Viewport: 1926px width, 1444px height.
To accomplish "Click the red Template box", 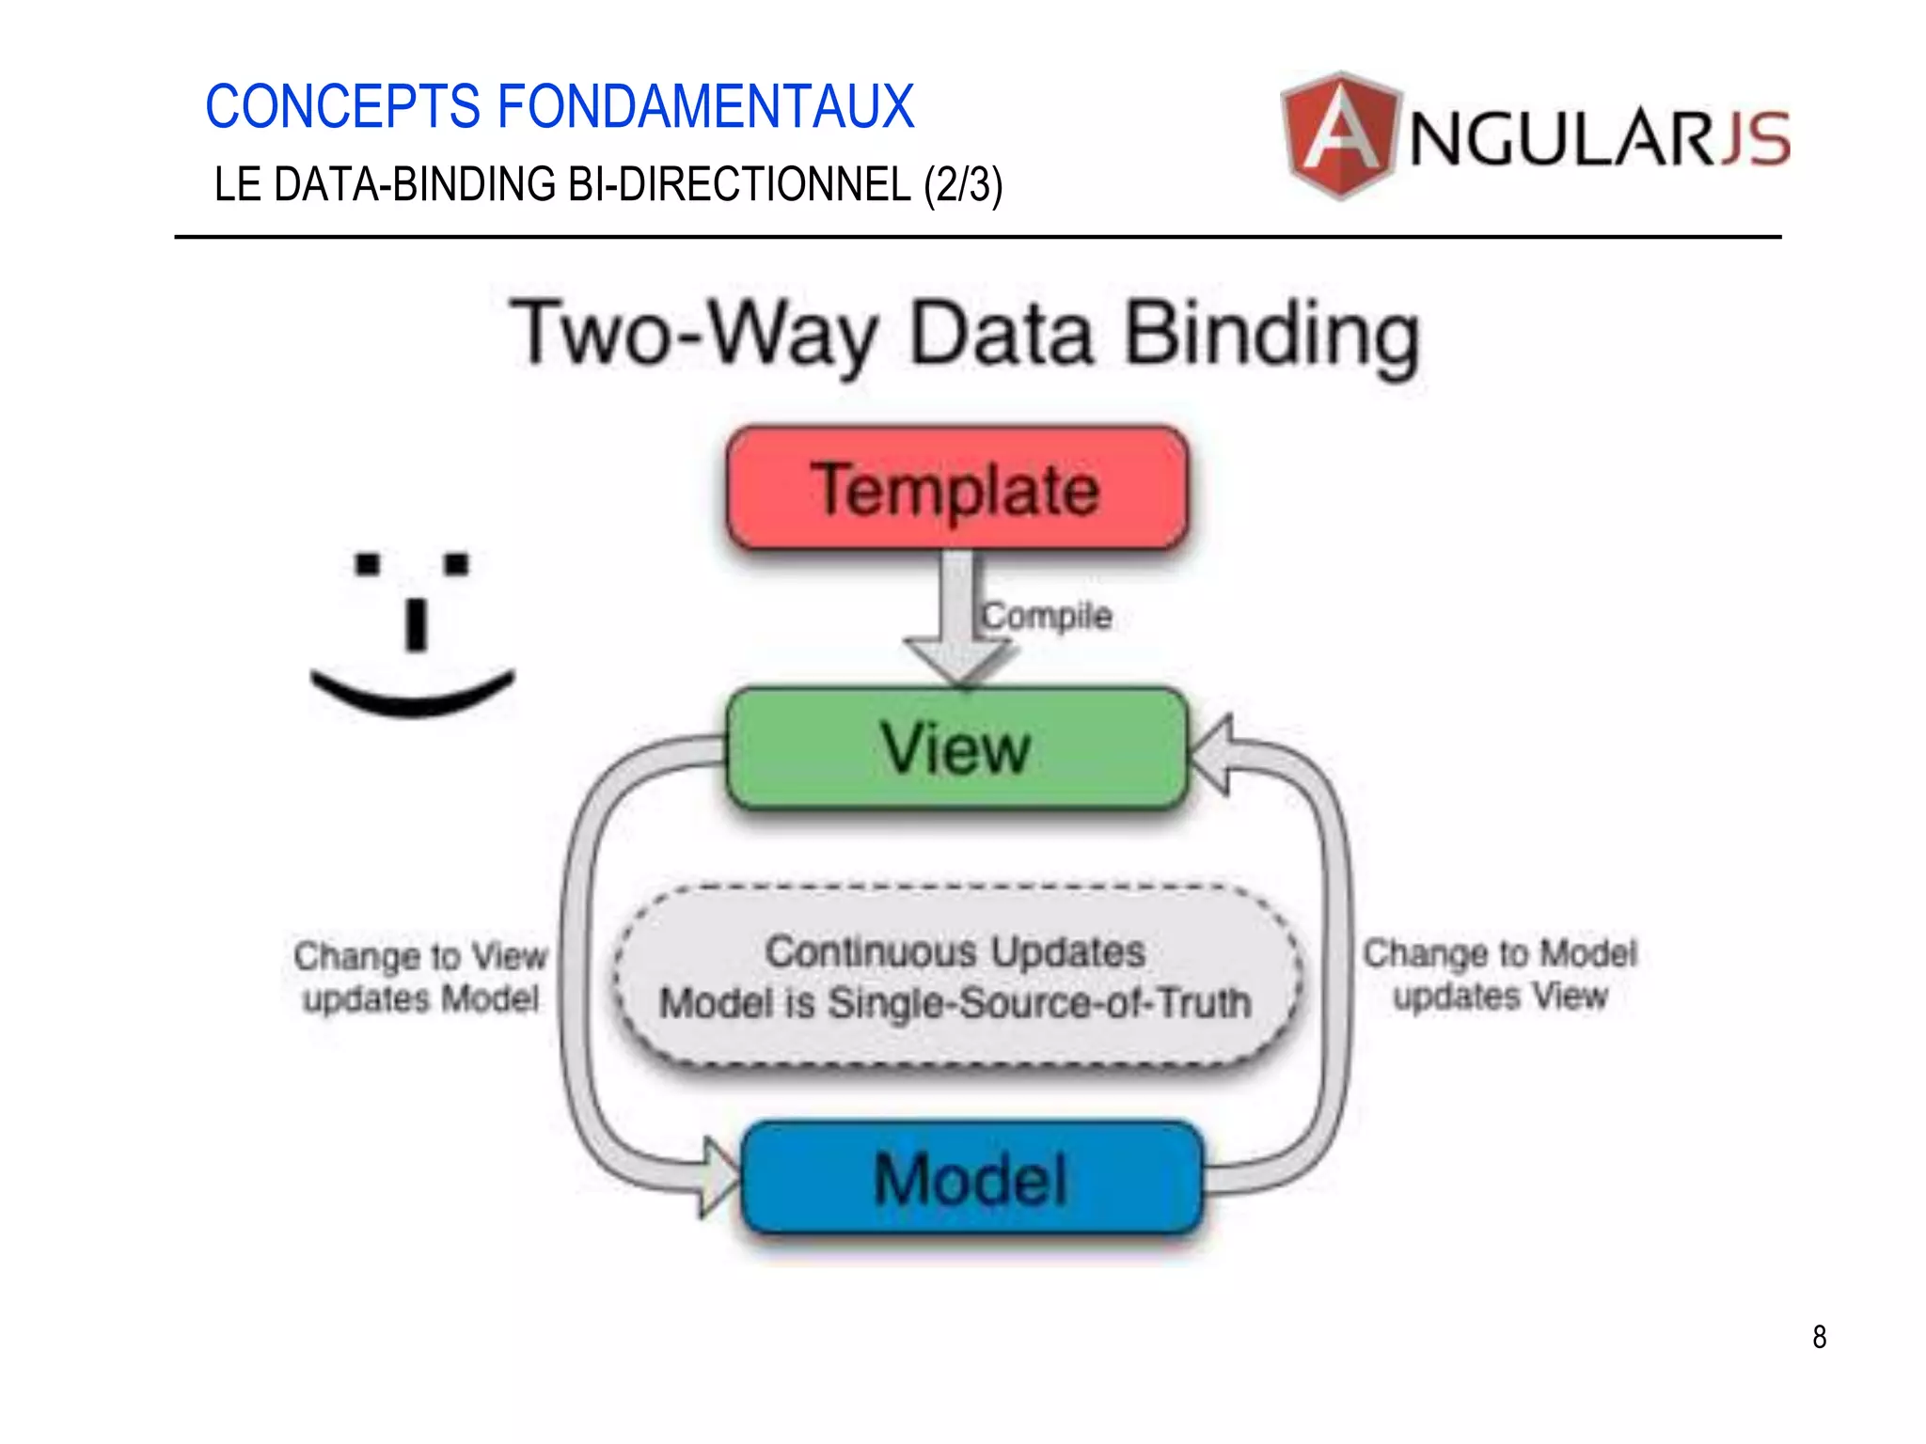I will click(x=957, y=488).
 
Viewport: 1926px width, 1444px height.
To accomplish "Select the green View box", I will click(x=957, y=749).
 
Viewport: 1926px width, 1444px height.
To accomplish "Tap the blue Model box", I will click(x=972, y=1178).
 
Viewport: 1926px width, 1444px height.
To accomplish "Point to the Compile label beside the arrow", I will click(x=1047, y=617).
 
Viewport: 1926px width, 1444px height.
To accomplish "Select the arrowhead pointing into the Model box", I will click(x=719, y=1177).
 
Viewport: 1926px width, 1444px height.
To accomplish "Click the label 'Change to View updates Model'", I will click(x=420, y=978).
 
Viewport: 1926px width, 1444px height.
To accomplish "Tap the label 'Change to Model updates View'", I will click(x=1500, y=975).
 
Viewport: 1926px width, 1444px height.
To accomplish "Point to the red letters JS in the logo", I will click(x=1755, y=139).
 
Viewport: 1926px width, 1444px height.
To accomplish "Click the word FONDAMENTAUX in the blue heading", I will click(x=704, y=106).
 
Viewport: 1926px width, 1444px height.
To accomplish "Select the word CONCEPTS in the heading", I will click(x=343, y=106).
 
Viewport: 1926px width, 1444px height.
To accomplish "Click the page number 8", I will click(x=1819, y=1337).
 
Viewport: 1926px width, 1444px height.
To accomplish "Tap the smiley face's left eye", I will click(x=368, y=564).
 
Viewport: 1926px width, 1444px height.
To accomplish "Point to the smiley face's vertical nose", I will click(x=416, y=623).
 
